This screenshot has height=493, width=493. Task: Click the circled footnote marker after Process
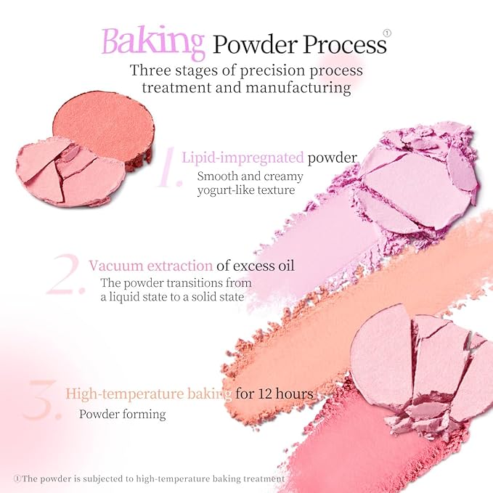386,33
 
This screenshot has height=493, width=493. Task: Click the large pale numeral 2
65,275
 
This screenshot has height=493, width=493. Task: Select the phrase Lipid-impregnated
243,158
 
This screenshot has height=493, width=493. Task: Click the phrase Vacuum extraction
150,265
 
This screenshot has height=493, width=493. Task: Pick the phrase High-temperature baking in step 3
148,394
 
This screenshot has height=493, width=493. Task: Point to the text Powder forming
123,415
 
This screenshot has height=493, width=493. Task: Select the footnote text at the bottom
149,478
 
